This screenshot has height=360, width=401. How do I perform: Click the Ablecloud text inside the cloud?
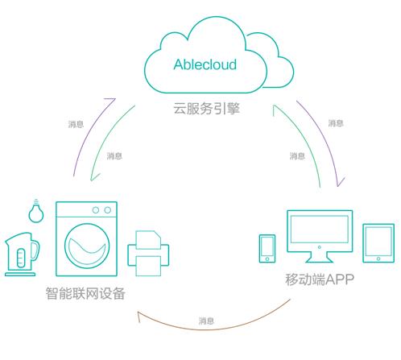click(x=205, y=64)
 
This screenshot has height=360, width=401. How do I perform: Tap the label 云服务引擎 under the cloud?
click(x=206, y=109)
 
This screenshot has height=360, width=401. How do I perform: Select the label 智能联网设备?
click(x=85, y=293)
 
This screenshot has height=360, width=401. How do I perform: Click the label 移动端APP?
click(x=320, y=279)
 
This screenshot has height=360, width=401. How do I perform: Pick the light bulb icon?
click(x=36, y=211)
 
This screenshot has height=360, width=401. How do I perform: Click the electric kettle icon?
click(x=22, y=254)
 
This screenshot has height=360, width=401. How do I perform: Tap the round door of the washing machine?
click(x=87, y=246)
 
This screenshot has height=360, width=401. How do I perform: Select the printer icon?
click(x=148, y=254)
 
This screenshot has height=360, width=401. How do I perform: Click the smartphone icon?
click(x=267, y=249)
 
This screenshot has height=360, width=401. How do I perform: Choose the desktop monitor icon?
click(x=320, y=236)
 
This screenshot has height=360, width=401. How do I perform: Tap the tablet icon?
click(x=378, y=243)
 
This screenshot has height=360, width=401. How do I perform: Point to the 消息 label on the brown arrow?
click(x=206, y=321)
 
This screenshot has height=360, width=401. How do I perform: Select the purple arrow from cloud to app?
click(x=325, y=139)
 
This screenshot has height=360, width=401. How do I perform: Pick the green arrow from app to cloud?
click(x=304, y=139)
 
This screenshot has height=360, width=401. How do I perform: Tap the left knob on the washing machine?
click(x=96, y=210)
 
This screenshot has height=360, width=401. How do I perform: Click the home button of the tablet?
click(x=378, y=259)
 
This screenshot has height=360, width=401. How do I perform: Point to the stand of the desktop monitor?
click(x=320, y=258)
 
